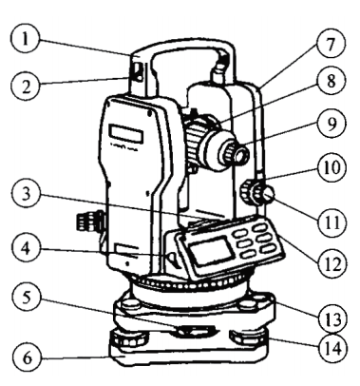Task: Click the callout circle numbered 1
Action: pyautogui.click(x=26, y=40)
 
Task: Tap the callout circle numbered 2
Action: pyautogui.click(x=26, y=86)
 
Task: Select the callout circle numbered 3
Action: pyautogui.click(x=27, y=193)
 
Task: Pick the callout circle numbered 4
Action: pyautogui.click(x=27, y=248)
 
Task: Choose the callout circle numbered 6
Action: pyautogui.click(x=27, y=357)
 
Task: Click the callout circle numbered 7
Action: pyautogui.click(x=332, y=44)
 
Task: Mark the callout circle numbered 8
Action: pyautogui.click(x=332, y=81)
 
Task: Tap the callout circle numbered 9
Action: pyautogui.click(x=332, y=124)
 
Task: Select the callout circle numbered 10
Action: pyautogui.click(x=332, y=167)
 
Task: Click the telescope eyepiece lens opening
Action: pyautogui.click(x=242, y=155)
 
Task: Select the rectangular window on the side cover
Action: pyautogui.click(x=126, y=134)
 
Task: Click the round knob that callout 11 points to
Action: pyautogui.click(x=269, y=198)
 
